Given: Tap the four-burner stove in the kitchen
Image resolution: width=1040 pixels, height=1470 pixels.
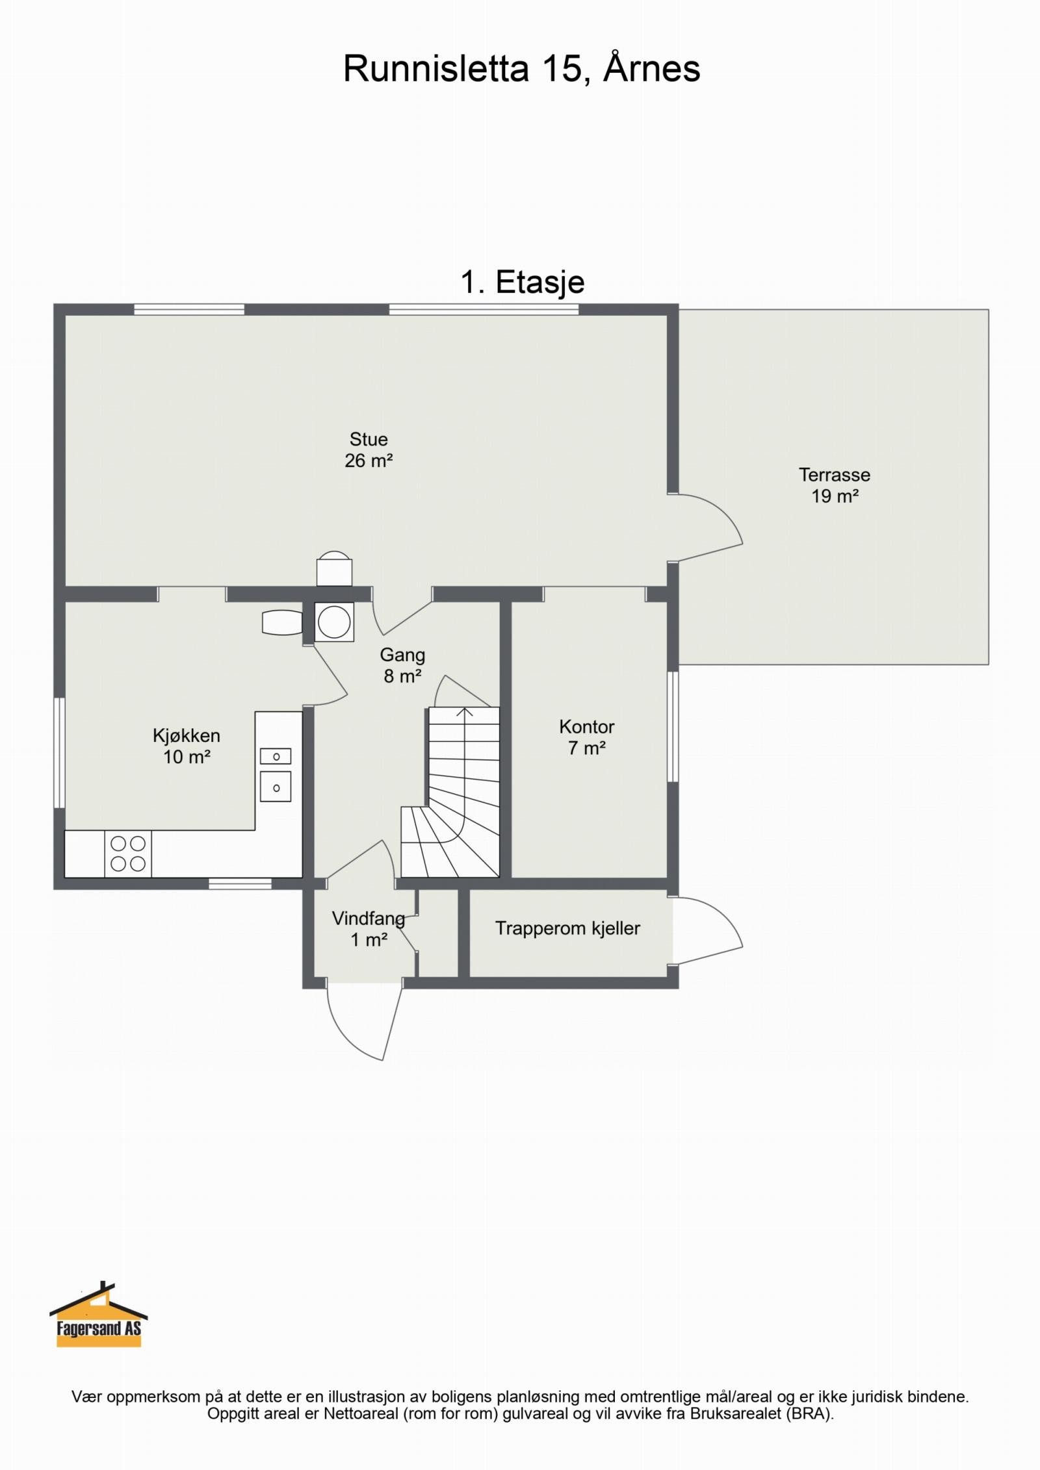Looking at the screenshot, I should (128, 854).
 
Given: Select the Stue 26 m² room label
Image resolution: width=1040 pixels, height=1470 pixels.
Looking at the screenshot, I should (369, 450).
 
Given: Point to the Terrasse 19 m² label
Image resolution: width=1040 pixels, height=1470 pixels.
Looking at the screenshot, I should (835, 485).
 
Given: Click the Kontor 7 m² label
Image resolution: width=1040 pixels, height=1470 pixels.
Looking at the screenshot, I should (587, 737).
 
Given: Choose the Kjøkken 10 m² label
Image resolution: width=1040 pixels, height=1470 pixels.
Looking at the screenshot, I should (187, 746).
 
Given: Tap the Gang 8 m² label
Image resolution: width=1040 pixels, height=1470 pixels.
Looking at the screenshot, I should (402, 665).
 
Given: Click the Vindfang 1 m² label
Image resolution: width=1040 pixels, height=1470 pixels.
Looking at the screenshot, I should (368, 929).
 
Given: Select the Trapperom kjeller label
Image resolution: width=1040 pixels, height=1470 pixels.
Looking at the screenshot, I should (567, 928).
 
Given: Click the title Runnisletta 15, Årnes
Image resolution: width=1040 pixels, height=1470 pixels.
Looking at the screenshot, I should (521, 69).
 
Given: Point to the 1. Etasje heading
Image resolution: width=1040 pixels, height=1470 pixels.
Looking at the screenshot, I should (523, 282).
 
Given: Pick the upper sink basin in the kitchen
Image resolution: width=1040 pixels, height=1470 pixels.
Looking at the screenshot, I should (276, 756).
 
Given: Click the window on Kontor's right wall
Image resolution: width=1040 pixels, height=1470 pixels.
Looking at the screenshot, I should (673, 726).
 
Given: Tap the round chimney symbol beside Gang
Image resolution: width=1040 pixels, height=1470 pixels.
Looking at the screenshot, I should (334, 622).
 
